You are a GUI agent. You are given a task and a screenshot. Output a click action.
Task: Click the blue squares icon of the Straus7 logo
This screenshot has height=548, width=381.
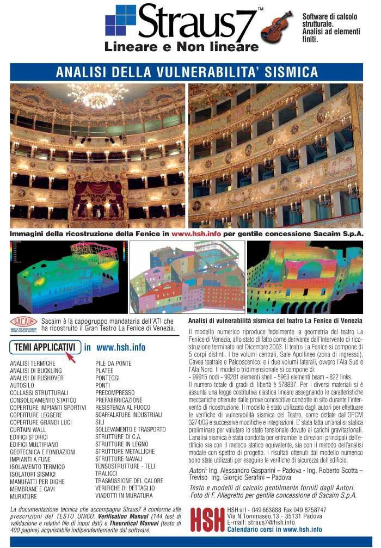[x=120, y=21]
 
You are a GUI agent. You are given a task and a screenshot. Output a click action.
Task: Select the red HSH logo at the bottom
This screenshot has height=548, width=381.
[x=206, y=519]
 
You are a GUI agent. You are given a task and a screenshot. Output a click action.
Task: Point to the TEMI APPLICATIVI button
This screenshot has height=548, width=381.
[x=45, y=347]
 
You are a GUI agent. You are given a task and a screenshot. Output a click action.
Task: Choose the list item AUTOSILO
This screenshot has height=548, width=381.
[x=22, y=384]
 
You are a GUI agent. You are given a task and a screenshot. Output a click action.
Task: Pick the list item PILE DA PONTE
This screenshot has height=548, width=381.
[x=114, y=362]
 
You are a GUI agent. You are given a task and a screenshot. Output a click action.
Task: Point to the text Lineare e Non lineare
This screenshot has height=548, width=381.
[x=181, y=47]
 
